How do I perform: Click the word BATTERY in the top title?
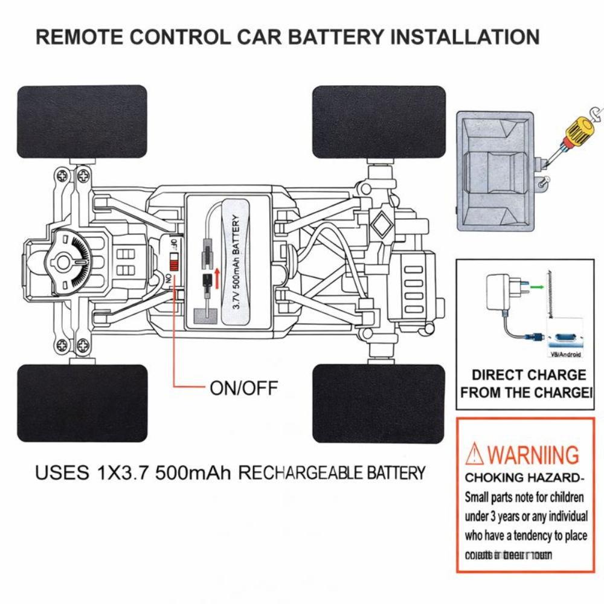click(x=335, y=37)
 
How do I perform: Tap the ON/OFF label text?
click(x=244, y=388)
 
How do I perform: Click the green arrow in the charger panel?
click(x=535, y=288)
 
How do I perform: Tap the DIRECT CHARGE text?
click(x=528, y=375)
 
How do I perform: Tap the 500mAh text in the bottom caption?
click(x=193, y=472)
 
